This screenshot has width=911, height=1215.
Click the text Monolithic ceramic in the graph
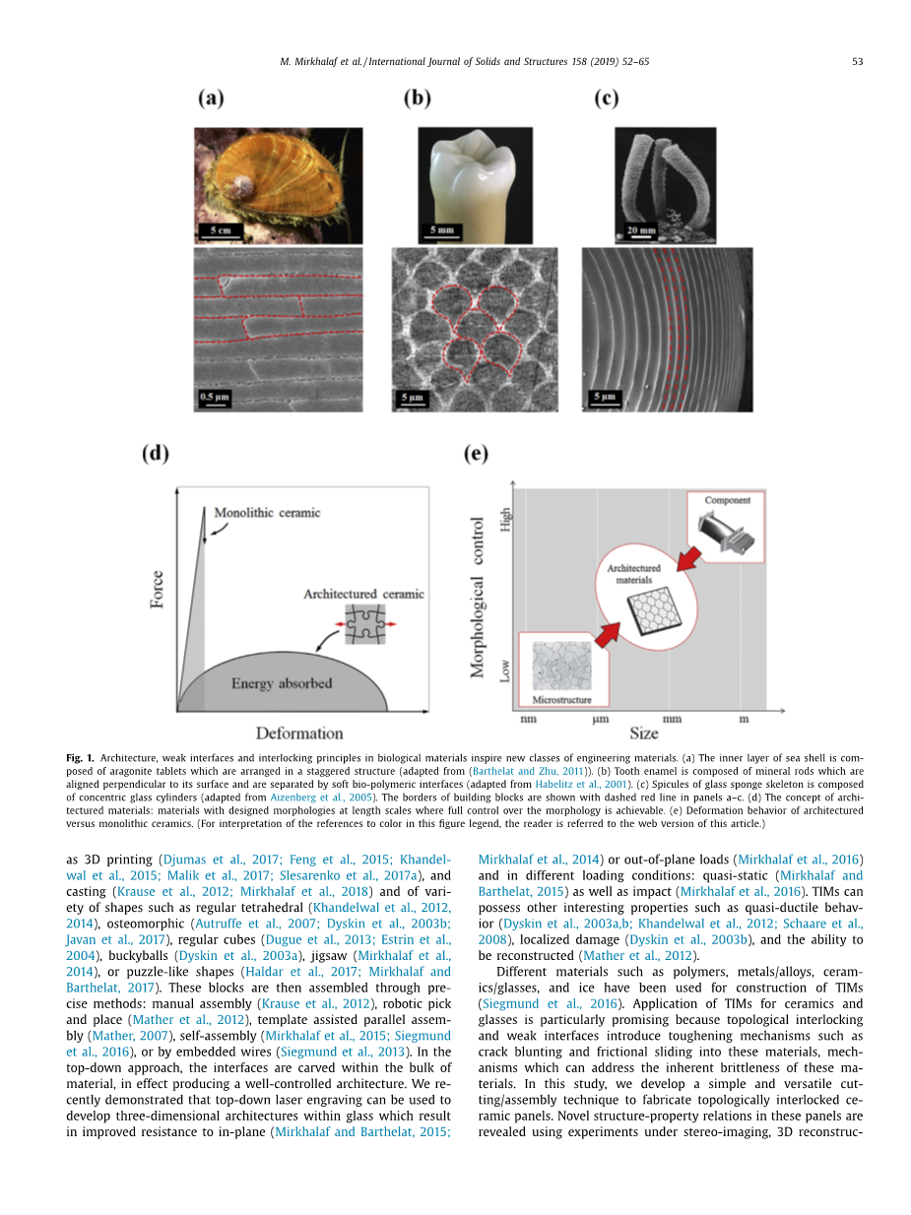(x=266, y=513)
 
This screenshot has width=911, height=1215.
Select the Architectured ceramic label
(x=363, y=595)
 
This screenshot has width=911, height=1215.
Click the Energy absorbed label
(x=282, y=683)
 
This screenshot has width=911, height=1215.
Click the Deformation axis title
(x=299, y=734)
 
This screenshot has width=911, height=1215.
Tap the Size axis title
(x=644, y=734)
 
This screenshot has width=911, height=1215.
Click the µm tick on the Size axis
(x=600, y=719)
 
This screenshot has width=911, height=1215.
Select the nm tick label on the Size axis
(x=528, y=719)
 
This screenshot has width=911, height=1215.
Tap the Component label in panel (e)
(x=727, y=500)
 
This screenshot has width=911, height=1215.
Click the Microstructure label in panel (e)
(x=561, y=699)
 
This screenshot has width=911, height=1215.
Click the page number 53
(x=857, y=62)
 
